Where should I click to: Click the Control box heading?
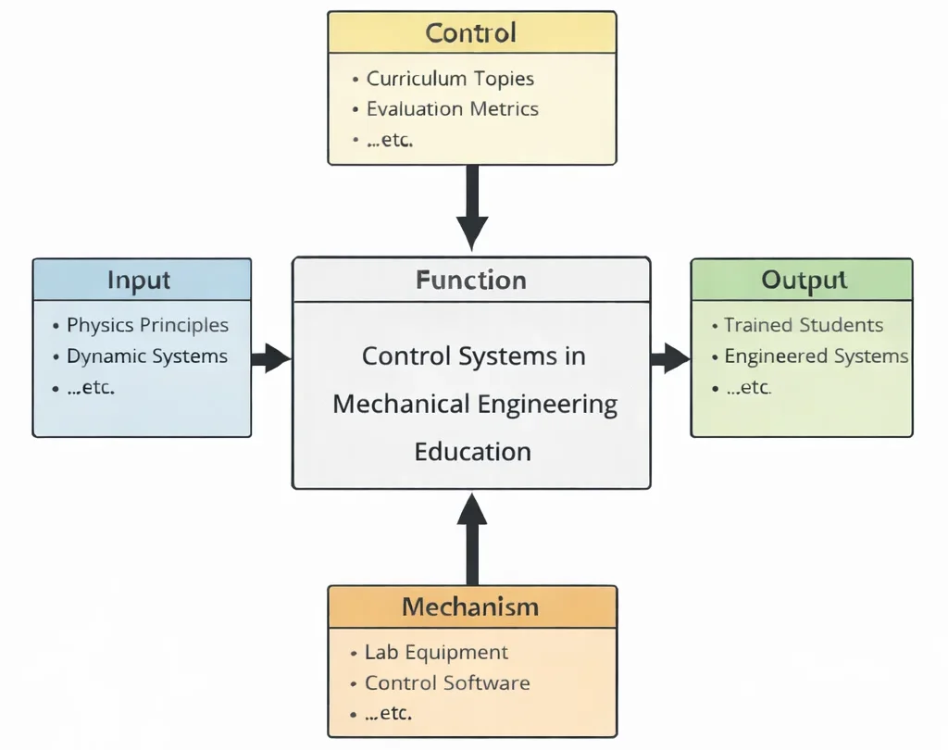point(471,33)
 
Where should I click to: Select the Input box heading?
point(139,280)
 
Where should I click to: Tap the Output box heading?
point(804,280)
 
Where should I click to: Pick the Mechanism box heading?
point(470,607)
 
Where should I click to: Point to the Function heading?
point(471,280)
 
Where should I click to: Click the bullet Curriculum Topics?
point(450,79)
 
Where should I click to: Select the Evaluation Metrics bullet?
point(452,109)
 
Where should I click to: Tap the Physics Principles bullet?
point(147,325)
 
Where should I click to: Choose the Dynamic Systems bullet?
point(146,356)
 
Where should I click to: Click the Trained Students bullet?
point(803,325)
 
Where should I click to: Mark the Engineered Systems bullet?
point(816,356)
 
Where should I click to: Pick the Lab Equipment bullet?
point(436,652)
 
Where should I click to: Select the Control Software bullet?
point(447,683)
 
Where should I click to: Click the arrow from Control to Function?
point(472,208)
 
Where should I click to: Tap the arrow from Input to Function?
point(271,357)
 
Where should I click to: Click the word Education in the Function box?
point(472,452)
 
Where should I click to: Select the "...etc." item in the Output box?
point(748,387)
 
